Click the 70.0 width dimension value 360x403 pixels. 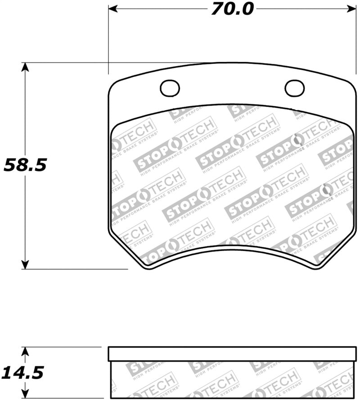pos(233,9)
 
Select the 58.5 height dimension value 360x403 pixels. pos(25,166)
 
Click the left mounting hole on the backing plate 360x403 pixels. pos(170,88)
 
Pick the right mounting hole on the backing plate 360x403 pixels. pos(294,88)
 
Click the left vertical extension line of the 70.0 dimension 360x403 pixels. pos(108,40)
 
